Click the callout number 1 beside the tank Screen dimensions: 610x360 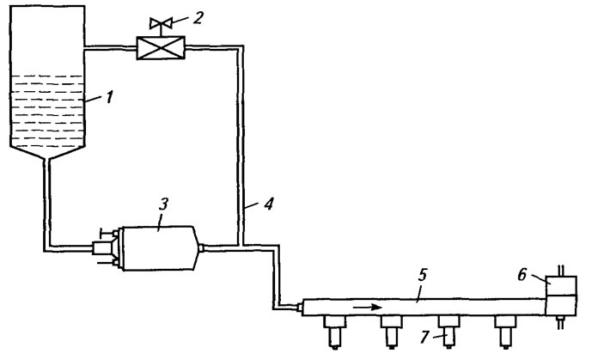coord(110,97)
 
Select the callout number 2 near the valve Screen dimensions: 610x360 coord(198,17)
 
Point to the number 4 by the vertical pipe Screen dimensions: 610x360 coord(269,203)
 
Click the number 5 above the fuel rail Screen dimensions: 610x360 coord(423,276)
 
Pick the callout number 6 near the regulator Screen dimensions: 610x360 coord(522,275)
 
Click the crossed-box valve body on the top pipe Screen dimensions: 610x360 coord(161,48)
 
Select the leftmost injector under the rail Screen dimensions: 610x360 coord(334,332)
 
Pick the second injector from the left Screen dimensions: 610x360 coord(392,332)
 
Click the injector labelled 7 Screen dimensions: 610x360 coord(449,332)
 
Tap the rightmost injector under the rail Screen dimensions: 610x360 coord(505,332)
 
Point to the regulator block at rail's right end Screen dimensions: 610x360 coord(561,296)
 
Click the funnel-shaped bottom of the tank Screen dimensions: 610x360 coord(47,153)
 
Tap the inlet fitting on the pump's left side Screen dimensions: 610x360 coord(101,248)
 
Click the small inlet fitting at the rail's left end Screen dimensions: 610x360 coord(300,308)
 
